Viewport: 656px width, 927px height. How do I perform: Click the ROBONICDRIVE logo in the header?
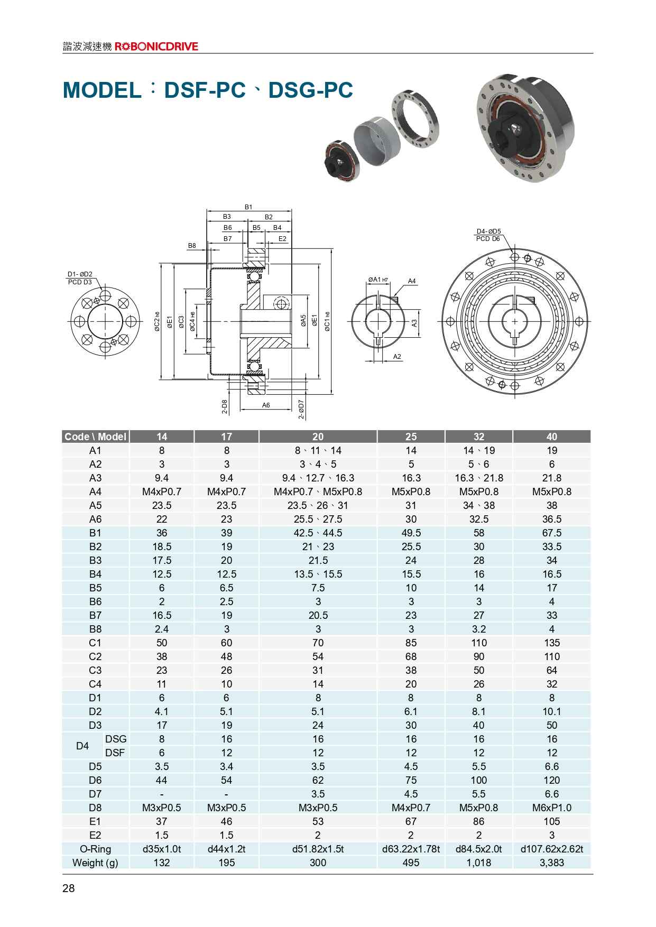156,47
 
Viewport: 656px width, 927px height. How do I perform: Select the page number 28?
69,888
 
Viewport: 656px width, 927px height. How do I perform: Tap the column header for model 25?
411,437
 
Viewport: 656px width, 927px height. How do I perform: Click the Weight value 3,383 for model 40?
551,863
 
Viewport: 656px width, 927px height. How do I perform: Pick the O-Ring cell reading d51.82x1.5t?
318,849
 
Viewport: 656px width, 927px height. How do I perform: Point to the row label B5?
95,588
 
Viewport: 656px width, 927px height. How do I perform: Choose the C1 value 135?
551,643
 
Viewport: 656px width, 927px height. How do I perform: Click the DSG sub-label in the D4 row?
116,739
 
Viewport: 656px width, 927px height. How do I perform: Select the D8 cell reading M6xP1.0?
551,808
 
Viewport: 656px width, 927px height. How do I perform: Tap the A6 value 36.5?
551,519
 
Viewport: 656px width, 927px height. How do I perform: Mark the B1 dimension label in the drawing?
248,207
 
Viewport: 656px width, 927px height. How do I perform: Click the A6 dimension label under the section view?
266,405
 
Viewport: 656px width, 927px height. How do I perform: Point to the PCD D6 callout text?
488,238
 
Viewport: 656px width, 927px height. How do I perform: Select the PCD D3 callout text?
80,282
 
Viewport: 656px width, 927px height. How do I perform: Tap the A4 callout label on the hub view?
412,281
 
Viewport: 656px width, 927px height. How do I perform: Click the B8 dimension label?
192,246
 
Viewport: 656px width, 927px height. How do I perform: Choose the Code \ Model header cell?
95,437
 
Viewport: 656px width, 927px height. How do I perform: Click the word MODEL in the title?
101,91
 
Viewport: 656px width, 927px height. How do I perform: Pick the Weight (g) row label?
95,863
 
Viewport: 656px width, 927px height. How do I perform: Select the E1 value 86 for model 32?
478,821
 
